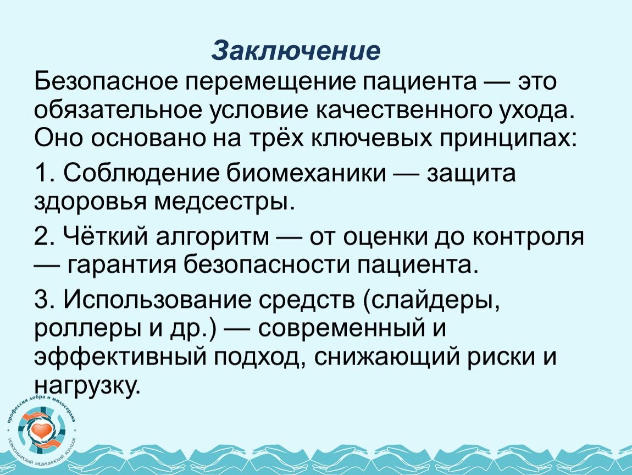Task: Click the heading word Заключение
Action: tap(296, 51)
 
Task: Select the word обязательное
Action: tap(118, 110)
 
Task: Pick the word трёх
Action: tap(276, 138)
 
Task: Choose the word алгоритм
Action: tap(213, 237)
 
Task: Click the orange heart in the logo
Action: tap(41, 430)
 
